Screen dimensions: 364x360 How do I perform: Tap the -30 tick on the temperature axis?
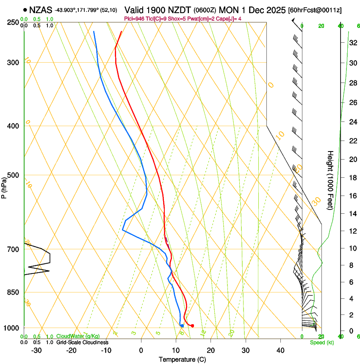tap(36, 350)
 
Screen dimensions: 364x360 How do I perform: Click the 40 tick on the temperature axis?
tap(280, 350)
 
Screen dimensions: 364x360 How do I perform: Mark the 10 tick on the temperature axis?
tap(176, 350)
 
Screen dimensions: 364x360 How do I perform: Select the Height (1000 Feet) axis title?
tap(331, 180)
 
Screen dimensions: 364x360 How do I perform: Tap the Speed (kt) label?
tap(321, 342)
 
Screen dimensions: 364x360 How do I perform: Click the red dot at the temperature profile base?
tap(192, 325)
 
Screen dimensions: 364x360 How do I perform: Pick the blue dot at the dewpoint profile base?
tap(182, 325)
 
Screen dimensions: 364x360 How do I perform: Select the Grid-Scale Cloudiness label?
tap(82, 342)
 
